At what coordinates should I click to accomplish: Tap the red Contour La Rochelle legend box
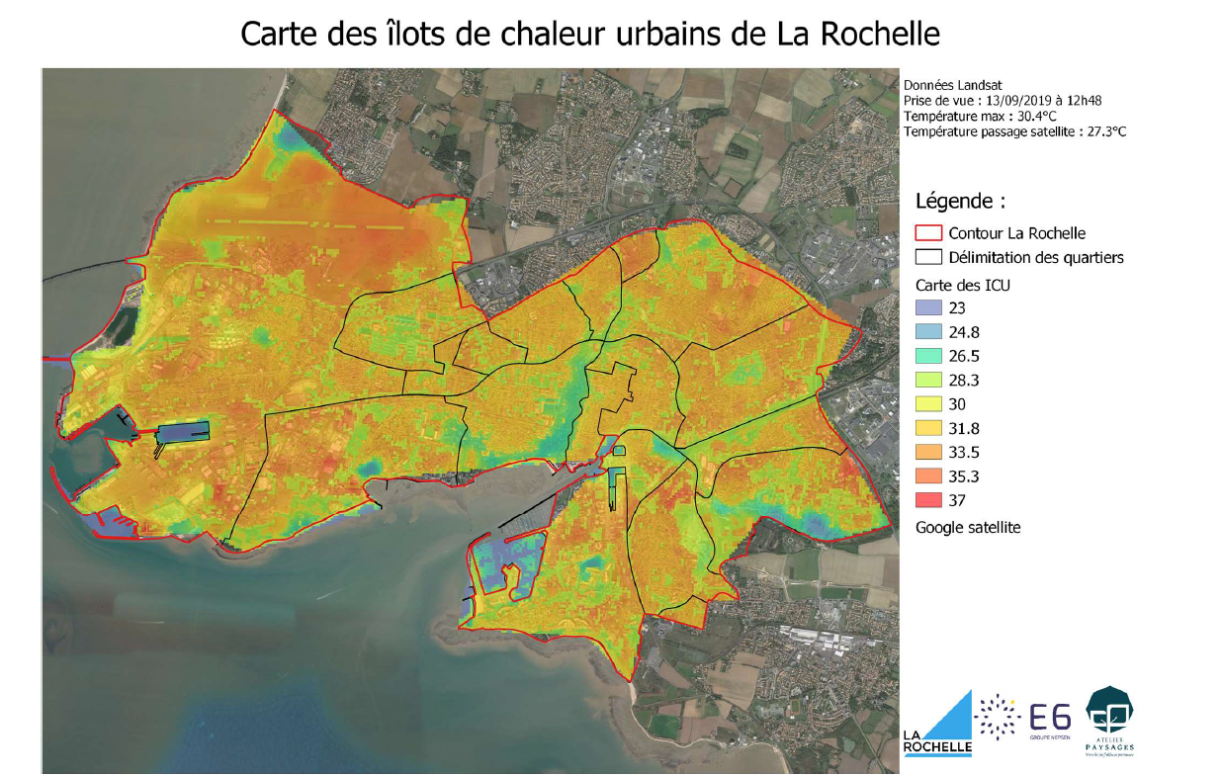(x=928, y=233)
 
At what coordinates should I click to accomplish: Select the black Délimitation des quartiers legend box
(x=928, y=257)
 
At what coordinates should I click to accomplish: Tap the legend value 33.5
(x=964, y=452)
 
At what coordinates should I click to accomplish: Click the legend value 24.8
(x=964, y=332)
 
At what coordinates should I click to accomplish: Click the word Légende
(x=959, y=202)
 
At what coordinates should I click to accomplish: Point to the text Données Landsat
(x=945, y=86)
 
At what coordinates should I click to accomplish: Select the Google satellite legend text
(x=967, y=528)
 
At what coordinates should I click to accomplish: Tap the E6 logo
(x=1050, y=718)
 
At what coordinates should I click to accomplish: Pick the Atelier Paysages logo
(x=1109, y=720)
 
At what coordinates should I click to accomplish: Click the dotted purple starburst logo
(x=998, y=716)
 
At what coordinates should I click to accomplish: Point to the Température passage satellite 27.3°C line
(x=1001, y=130)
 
